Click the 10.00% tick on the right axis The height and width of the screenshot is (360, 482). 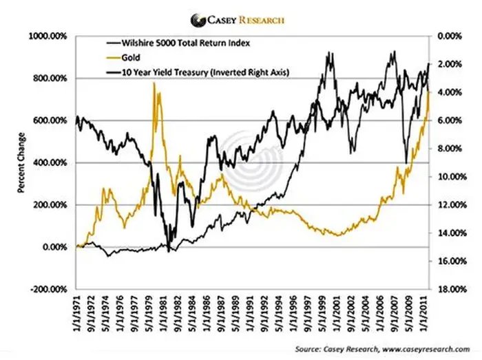tap(451, 177)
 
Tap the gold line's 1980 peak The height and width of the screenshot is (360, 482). tap(154, 84)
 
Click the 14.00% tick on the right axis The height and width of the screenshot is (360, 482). tap(451, 233)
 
